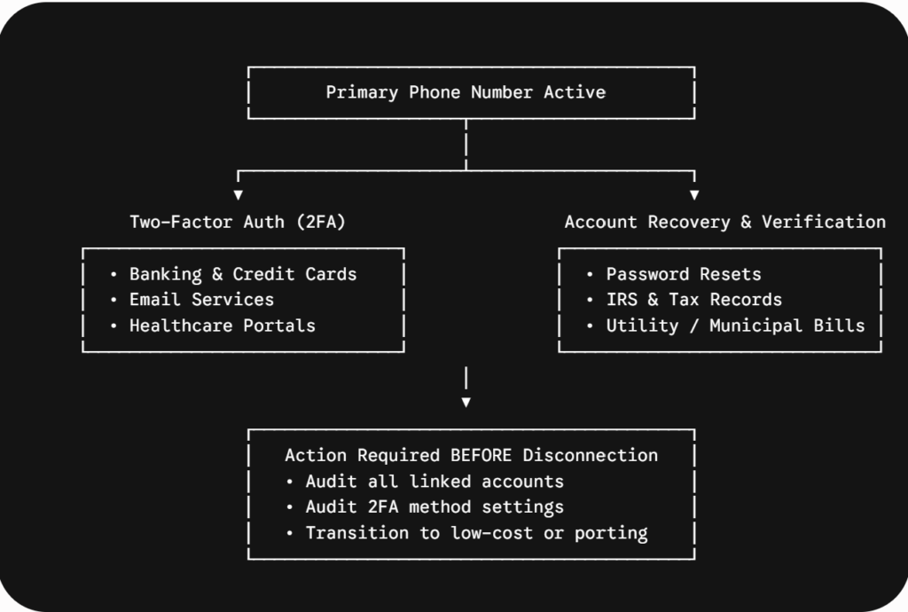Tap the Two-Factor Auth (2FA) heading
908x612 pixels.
point(238,222)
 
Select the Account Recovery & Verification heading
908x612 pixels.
point(725,222)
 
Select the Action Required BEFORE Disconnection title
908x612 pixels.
point(472,455)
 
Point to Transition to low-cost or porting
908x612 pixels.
point(476,533)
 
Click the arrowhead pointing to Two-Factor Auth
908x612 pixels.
point(238,195)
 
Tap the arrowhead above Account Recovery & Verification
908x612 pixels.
point(694,195)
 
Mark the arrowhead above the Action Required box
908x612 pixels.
point(466,403)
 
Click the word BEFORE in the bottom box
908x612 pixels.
point(481,455)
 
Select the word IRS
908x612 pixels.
point(622,299)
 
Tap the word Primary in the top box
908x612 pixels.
point(362,92)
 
